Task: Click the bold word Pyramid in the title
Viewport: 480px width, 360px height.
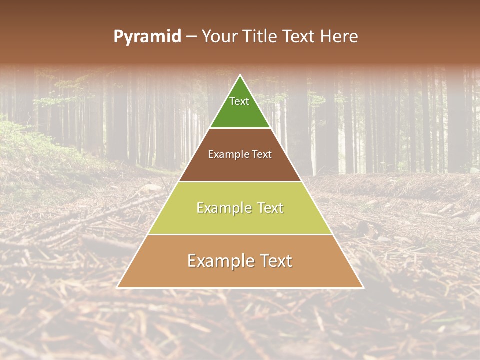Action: coord(147,37)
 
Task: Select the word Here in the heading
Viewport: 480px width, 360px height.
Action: coord(339,37)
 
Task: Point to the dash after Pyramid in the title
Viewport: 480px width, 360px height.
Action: coord(191,37)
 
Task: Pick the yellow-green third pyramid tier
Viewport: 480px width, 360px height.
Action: coord(240,220)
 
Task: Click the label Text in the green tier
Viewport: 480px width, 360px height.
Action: coord(239,101)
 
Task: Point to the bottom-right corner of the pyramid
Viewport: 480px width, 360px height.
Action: coord(363,287)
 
